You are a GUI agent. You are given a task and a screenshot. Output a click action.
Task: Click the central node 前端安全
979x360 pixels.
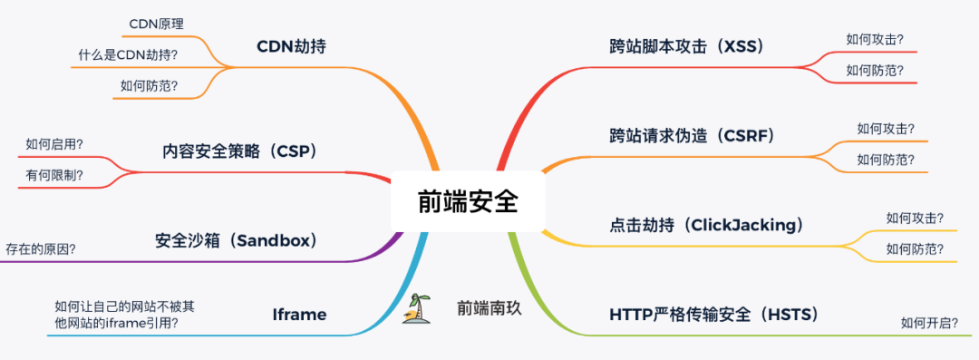pyautogui.click(x=467, y=201)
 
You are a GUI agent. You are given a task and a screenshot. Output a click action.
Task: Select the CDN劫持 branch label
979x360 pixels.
pyautogui.click(x=290, y=46)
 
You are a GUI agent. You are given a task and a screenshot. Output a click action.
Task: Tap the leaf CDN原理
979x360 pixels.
pyautogui.click(x=156, y=24)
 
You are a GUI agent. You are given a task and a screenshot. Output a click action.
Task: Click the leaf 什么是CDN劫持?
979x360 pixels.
pyautogui.click(x=128, y=55)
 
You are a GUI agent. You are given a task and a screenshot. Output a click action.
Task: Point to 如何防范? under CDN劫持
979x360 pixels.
pyautogui.click(x=149, y=87)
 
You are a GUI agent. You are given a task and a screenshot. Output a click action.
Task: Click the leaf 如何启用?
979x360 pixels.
pyautogui.click(x=54, y=143)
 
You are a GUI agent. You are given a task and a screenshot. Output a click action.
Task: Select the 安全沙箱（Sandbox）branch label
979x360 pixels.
pyautogui.click(x=236, y=241)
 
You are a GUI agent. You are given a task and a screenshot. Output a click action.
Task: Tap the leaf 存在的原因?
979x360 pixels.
pyautogui.click(x=41, y=248)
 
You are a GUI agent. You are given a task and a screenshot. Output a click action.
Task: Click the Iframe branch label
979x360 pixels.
pyautogui.click(x=299, y=316)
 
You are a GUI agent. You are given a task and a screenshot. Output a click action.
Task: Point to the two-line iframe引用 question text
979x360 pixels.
pyautogui.click(x=124, y=314)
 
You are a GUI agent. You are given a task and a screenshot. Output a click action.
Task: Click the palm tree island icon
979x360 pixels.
pyautogui.click(x=418, y=309)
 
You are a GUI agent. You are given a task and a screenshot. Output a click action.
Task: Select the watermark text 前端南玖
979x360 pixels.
pyautogui.click(x=489, y=309)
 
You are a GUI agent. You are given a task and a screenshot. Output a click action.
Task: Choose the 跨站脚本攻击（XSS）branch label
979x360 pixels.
pyautogui.click(x=687, y=46)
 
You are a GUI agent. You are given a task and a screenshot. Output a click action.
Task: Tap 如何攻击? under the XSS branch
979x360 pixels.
pyautogui.click(x=875, y=39)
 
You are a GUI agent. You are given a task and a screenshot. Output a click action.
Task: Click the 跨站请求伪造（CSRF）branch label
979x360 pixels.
pyautogui.click(x=693, y=136)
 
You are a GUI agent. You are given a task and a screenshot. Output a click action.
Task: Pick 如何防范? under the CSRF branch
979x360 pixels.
pyautogui.click(x=886, y=160)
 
